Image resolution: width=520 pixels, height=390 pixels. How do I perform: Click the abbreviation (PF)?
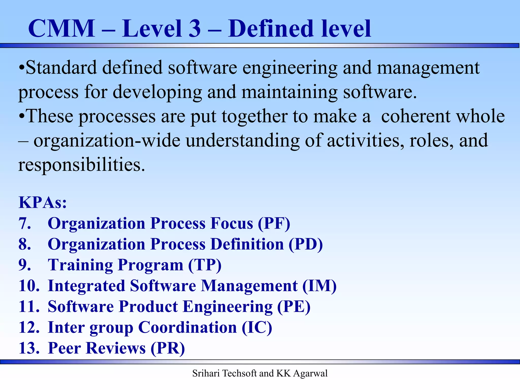[x=274, y=223]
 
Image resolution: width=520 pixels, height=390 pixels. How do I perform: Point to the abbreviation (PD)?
[x=305, y=244]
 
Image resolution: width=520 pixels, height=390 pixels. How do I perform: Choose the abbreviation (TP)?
[x=205, y=265]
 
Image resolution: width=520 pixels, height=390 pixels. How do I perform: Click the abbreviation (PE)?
[x=294, y=307]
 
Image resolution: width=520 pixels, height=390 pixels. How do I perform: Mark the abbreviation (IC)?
[x=257, y=328]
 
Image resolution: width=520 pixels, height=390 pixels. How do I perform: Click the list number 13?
[x=29, y=348]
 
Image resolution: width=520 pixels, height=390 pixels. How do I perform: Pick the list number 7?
[x=25, y=223]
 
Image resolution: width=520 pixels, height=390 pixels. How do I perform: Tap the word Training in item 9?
[x=80, y=265]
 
